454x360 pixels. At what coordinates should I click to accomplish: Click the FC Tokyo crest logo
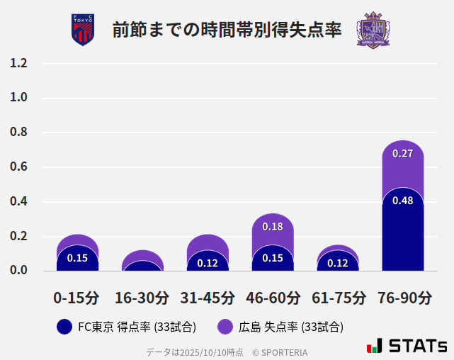[83, 30]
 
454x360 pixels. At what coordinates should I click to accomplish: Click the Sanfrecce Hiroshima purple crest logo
[373, 30]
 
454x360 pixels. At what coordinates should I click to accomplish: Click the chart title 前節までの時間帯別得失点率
[227, 30]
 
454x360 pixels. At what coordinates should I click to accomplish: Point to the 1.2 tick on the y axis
[18, 63]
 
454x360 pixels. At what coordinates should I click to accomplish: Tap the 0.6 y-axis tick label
[18, 167]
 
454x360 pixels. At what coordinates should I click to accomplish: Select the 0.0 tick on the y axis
[18, 270]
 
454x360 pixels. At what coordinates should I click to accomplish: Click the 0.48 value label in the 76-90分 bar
[402, 201]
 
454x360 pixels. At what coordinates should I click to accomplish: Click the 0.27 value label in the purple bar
[402, 154]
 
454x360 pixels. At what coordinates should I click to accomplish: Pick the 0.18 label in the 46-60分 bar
[273, 227]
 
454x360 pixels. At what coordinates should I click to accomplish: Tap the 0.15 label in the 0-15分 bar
[77, 258]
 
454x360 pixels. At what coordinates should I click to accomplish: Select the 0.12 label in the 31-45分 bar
[208, 263]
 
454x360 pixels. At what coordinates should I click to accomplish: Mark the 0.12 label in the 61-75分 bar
[338, 263]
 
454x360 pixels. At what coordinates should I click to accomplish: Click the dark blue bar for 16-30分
[142, 266]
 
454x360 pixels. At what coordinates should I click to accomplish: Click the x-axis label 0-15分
[77, 298]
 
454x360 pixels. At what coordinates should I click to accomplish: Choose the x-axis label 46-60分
[273, 298]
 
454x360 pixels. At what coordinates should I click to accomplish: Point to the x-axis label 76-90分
[404, 298]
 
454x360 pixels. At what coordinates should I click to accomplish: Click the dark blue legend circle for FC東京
[64, 327]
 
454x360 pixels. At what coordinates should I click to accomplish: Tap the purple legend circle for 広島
[225, 327]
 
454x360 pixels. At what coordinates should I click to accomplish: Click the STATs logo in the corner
[407, 346]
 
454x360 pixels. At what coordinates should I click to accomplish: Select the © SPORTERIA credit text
[280, 352]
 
